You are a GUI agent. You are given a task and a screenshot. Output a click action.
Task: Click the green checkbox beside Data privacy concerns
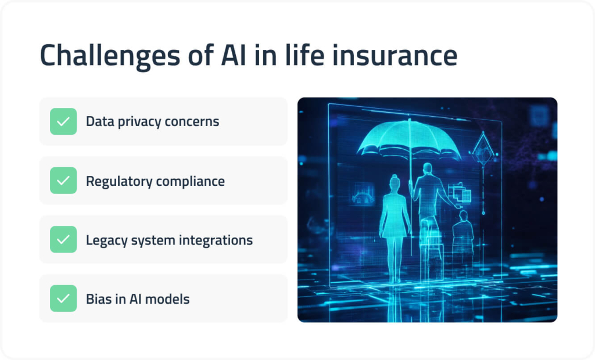[x=63, y=121]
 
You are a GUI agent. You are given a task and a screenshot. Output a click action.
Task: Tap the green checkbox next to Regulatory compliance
[x=63, y=181]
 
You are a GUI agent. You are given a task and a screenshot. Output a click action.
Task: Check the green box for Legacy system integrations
[x=63, y=239]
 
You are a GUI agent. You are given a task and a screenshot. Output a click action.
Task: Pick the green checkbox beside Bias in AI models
[x=63, y=298]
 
